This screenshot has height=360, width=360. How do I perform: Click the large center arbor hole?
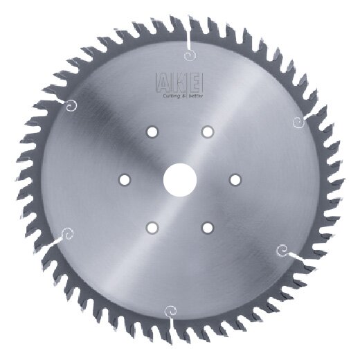pos(179,179)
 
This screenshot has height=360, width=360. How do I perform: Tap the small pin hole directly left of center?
pos(124,179)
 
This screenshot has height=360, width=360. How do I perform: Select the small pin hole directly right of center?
pos(235,179)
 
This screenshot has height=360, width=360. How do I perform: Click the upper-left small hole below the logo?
pos(152,132)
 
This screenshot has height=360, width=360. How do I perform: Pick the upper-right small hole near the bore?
pos(207,132)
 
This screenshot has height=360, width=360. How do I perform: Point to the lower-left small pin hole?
pos(152,227)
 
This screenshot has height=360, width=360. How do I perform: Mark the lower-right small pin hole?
pos(207,227)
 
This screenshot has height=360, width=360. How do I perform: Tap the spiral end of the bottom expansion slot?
pos(168,311)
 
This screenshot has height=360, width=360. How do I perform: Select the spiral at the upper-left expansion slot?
pos(71,105)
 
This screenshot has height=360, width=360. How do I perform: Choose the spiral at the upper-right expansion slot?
pos(298,123)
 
